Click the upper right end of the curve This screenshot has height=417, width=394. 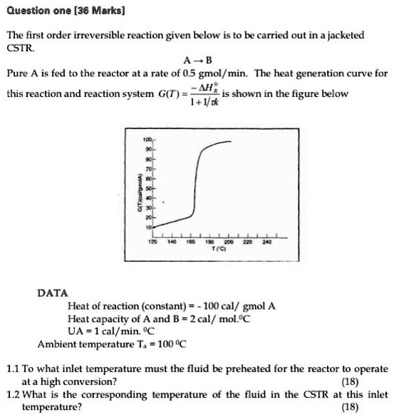(x=231, y=143)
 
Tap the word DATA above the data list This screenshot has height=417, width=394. (x=53, y=292)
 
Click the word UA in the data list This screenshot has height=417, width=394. (x=76, y=332)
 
